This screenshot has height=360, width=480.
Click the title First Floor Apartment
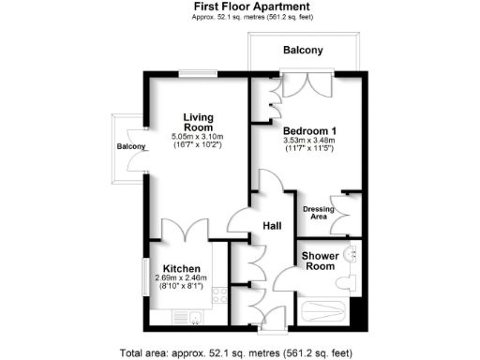point(239,6)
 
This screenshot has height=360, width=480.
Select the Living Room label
point(198,122)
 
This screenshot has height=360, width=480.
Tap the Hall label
point(272,226)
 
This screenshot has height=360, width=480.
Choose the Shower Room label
point(320,261)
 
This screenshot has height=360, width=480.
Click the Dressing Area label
point(318,211)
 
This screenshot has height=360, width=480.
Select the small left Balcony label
point(132,147)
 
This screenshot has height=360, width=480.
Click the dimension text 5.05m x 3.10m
point(197,138)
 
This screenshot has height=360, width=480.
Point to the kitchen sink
point(195,317)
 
